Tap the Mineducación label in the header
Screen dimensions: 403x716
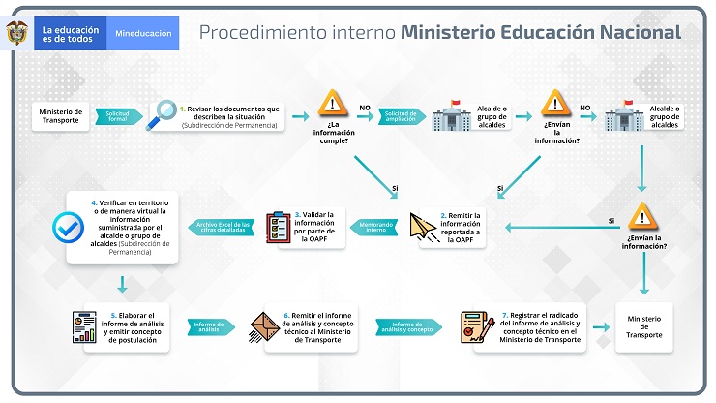143,33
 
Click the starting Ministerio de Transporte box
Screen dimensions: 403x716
61,115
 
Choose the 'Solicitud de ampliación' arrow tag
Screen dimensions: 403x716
400,115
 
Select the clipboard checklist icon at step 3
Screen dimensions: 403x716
278,227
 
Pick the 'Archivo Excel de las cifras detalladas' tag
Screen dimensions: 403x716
224,226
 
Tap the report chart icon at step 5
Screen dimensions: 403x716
85,326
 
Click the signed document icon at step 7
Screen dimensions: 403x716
475,326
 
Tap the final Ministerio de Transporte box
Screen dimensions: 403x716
644,326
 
